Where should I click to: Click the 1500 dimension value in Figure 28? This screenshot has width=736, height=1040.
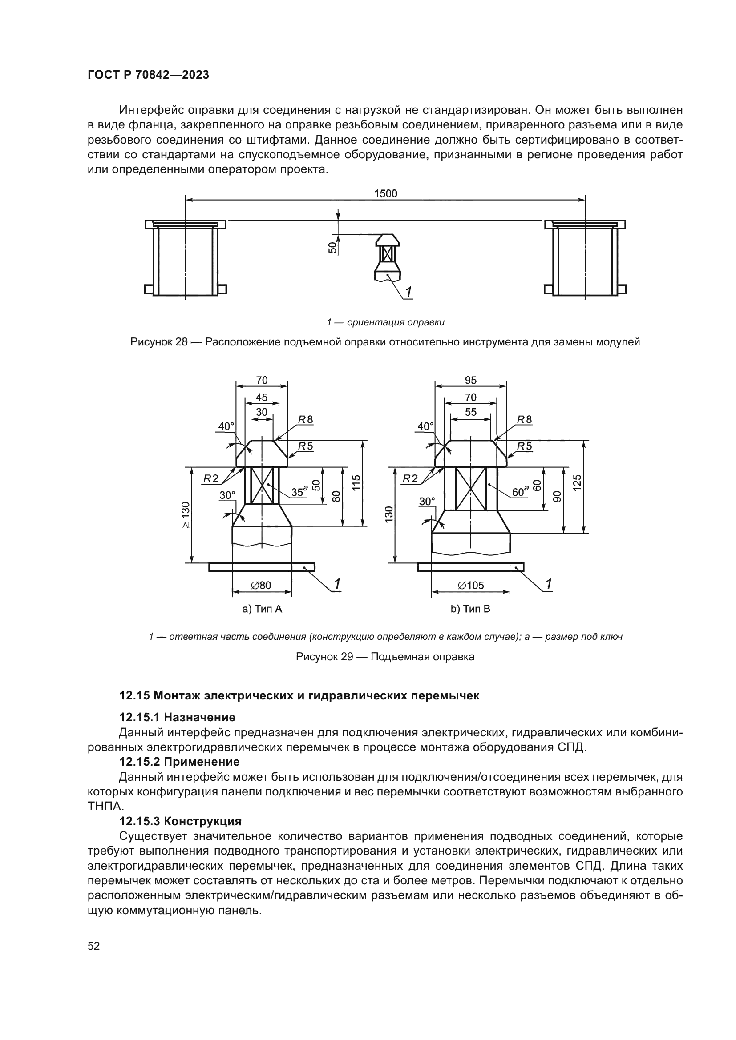coord(385,193)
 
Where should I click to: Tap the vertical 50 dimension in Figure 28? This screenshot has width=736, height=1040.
coord(332,247)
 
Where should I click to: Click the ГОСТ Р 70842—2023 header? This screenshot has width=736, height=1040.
coord(148,75)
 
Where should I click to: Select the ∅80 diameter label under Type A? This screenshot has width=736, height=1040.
coord(261,585)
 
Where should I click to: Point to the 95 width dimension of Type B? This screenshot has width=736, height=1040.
coord(470,380)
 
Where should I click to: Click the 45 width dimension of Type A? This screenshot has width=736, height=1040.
coord(262,397)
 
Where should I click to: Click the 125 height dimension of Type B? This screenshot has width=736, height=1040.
coord(577,483)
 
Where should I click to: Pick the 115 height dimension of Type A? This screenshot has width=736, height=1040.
coord(356,483)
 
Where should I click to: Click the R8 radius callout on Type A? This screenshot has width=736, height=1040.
coord(305,420)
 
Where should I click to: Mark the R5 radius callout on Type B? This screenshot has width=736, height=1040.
coord(524,446)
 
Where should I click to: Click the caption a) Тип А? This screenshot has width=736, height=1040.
coord(263,609)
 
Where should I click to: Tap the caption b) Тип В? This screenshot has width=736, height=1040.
coord(470,609)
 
